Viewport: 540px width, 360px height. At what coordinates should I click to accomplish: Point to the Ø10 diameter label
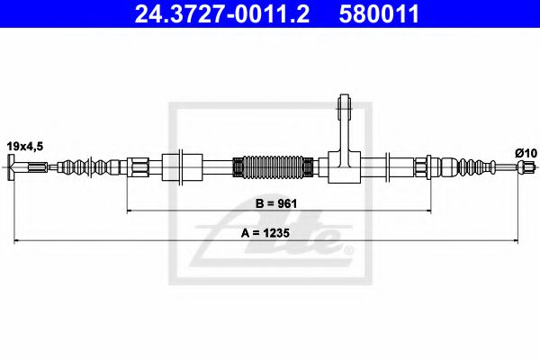point(525,153)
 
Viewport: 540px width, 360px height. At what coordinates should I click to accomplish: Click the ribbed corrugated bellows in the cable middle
point(274,166)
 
